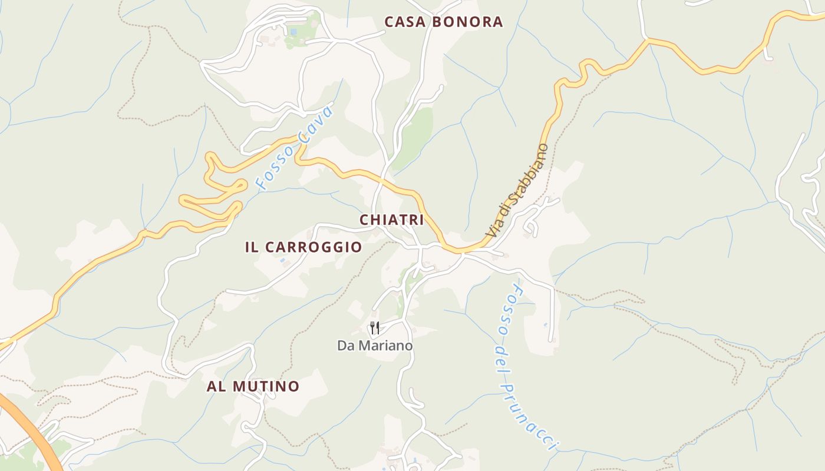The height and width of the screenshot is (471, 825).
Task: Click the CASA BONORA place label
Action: point(444,22)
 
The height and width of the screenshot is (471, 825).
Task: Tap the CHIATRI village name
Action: point(392,220)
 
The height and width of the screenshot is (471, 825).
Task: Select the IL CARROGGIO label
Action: point(303,247)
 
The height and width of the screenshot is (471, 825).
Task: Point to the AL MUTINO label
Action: point(253,386)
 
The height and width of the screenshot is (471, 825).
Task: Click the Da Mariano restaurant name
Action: point(375,346)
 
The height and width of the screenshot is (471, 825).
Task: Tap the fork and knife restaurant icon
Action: point(375,328)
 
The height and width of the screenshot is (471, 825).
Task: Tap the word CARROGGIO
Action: point(313,247)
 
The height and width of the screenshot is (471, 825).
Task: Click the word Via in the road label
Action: point(492,228)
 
